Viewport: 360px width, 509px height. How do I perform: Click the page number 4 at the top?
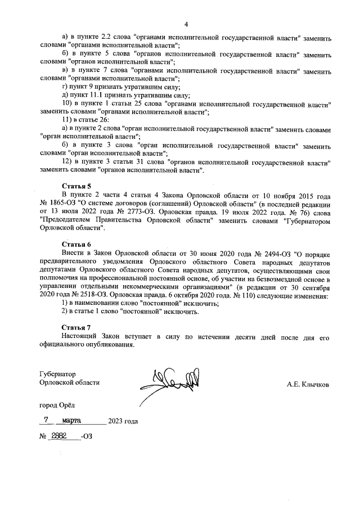point(185,24)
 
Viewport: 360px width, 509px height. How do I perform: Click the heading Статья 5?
point(76,186)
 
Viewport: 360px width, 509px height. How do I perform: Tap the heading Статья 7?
point(76,327)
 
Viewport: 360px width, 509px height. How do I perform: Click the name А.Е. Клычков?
point(308,385)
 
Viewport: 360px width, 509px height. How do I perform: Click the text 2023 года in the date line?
point(123,421)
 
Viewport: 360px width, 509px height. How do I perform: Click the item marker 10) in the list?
point(67,105)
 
